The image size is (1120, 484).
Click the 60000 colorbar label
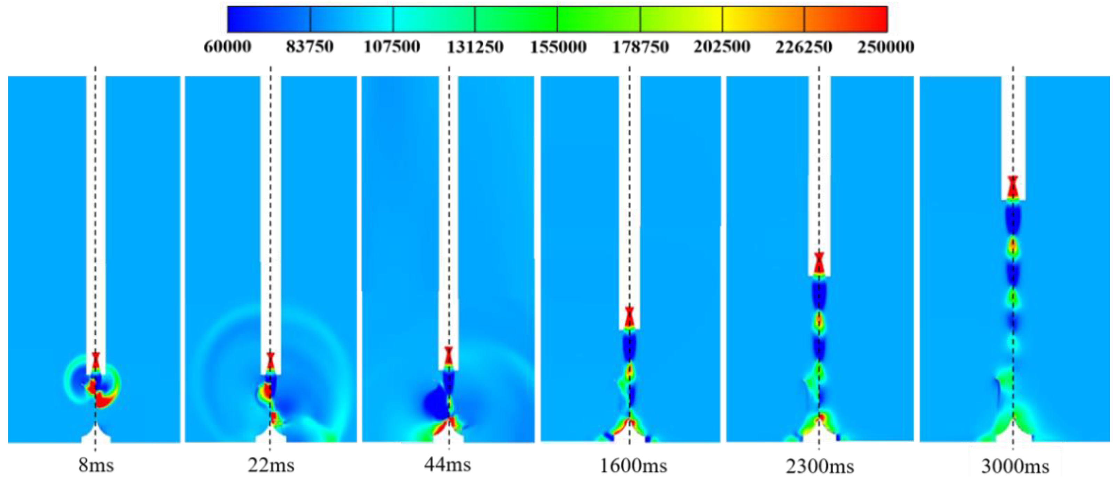[227, 47]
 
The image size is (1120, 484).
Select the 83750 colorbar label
[309, 47]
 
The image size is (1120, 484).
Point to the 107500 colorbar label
[392, 47]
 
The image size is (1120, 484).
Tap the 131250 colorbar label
[475, 47]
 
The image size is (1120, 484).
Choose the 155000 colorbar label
[558, 47]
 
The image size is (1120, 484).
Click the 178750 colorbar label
[640, 47]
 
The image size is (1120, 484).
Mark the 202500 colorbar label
[722, 47]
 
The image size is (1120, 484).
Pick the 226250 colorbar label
[804, 47]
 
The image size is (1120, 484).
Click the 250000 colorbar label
[886, 47]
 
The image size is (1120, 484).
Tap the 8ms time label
[96, 465]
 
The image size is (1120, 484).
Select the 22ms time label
[271, 465]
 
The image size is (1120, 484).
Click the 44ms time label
[448, 465]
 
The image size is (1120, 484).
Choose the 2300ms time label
[820, 467]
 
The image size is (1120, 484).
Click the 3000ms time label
[1015, 467]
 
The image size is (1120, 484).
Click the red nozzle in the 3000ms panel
[1013, 187]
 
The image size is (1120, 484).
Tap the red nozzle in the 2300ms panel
[819, 263]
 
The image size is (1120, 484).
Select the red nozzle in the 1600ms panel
[629, 317]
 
